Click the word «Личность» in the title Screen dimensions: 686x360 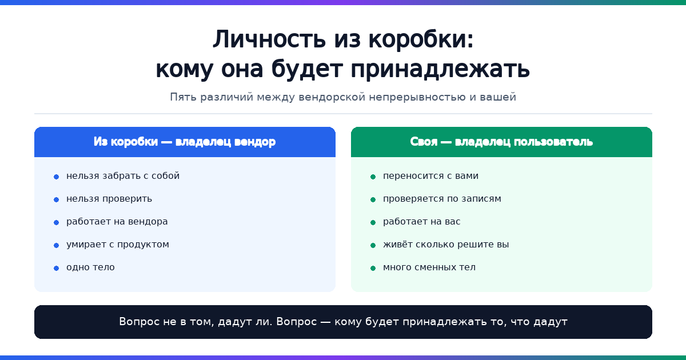pyautogui.click(x=269, y=39)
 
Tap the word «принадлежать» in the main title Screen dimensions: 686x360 pyautogui.click(x=440, y=69)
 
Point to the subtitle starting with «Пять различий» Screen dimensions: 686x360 pyautogui.click(x=343, y=97)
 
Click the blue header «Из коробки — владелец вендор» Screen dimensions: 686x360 pyautogui.click(x=185, y=142)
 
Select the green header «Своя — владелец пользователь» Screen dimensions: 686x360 pyautogui.click(x=501, y=142)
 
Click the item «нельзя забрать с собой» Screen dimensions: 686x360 pyautogui.click(x=123, y=176)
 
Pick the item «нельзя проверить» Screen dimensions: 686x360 pyautogui.click(x=109, y=199)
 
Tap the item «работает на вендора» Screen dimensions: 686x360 pyautogui.click(x=117, y=222)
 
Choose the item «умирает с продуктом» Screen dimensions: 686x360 pyautogui.click(x=118, y=245)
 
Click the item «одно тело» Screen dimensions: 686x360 pyautogui.click(x=90, y=267)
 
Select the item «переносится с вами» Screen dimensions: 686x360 pyautogui.click(x=430, y=176)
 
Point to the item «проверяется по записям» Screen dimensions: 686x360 pyautogui.click(x=442, y=199)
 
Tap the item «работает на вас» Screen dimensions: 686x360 pyautogui.click(x=422, y=222)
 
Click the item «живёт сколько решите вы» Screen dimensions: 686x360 pyautogui.click(x=446, y=245)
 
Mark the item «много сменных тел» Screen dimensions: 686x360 pyautogui.click(x=429, y=267)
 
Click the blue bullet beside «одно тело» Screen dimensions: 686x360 pyautogui.click(x=57, y=268)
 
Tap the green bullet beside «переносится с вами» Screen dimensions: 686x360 pyautogui.click(x=373, y=177)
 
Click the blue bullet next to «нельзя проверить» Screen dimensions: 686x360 pyautogui.click(x=57, y=199)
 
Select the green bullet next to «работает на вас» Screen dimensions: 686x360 pyautogui.click(x=373, y=222)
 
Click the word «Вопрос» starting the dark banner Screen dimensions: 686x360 pyautogui.click(x=139, y=322)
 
